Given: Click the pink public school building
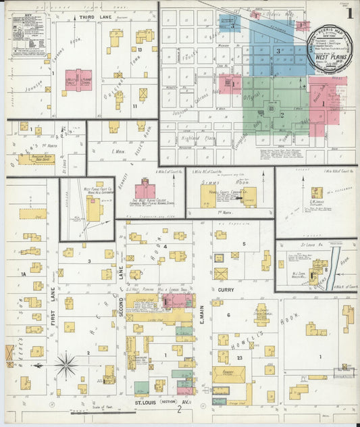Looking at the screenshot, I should tap(80, 80).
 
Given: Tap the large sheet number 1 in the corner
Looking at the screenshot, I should tap(349, 11).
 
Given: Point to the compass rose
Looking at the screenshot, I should tap(66, 365).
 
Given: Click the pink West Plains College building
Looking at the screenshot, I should tap(145, 191).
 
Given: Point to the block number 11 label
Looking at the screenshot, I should tap(134, 107).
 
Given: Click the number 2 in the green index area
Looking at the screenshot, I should tap(281, 114).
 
